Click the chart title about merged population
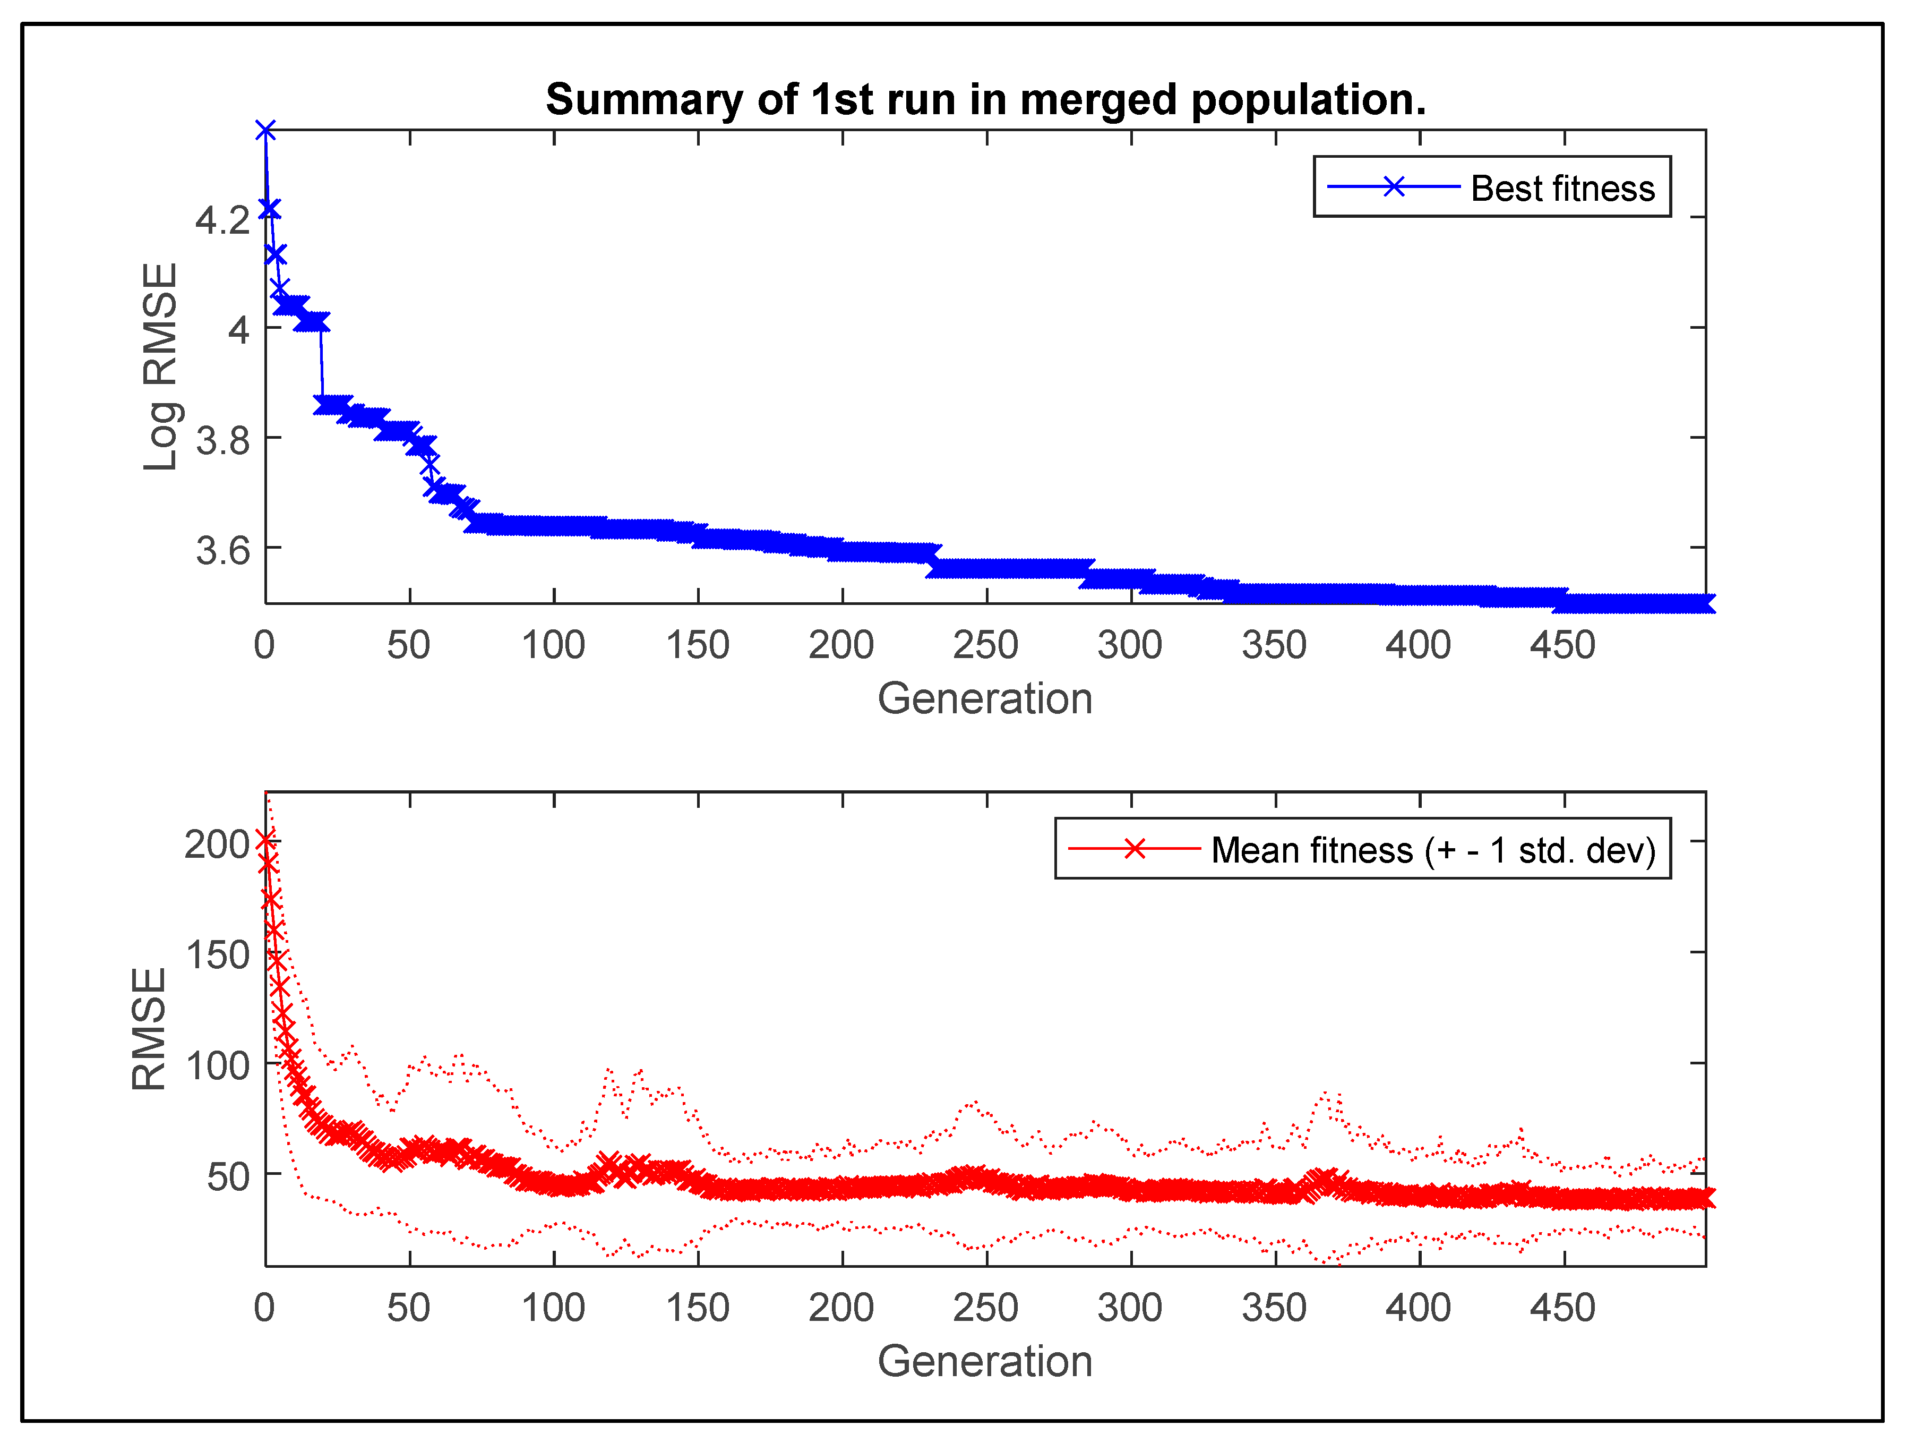pyautogui.click(x=985, y=99)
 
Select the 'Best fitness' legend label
pyautogui.click(x=1562, y=188)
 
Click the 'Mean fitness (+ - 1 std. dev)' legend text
pyautogui.click(x=1433, y=850)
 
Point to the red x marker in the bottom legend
pyautogui.click(x=1135, y=849)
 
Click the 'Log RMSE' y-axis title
pyautogui.click(x=160, y=366)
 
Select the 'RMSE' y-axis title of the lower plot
pyautogui.click(x=149, y=1029)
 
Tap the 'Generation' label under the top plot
pyautogui.click(x=984, y=698)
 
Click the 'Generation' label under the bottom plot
pyautogui.click(x=984, y=1361)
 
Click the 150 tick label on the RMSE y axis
pyautogui.click(x=217, y=955)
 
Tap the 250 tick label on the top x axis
pyautogui.click(x=985, y=645)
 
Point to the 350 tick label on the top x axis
pyautogui.click(x=1274, y=645)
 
